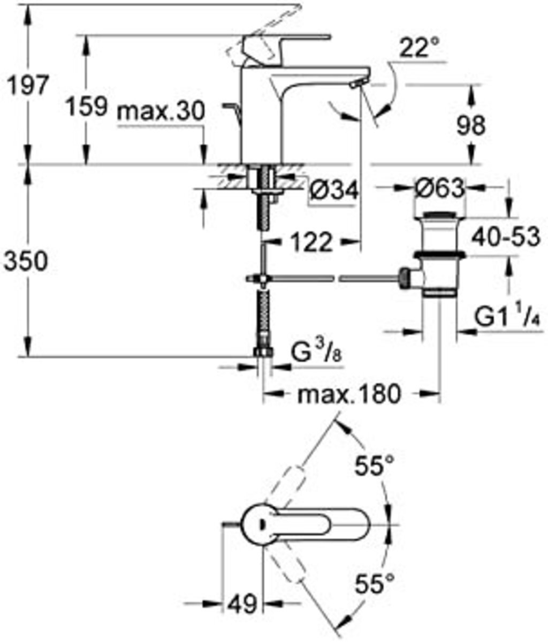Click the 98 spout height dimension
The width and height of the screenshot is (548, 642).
[x=471, y=125]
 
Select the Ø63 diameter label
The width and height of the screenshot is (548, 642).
[x=439, y=188]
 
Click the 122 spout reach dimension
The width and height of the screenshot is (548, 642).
[x=313, y=243]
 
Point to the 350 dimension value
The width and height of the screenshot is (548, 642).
[x=27, y=262]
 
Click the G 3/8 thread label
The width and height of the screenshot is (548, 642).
[x=314, y=353]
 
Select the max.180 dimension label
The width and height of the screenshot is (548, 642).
[x=349, y=395]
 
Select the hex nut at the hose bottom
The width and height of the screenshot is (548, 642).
[x=263, y=352]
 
